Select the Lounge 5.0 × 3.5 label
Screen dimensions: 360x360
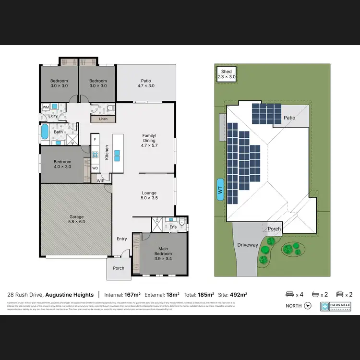149,195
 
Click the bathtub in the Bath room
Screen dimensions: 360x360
45,132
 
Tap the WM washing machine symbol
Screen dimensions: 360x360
46,107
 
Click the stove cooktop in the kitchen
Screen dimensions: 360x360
95,155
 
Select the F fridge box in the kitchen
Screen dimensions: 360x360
95,140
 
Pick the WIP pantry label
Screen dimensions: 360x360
100,181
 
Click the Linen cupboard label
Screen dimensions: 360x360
103,119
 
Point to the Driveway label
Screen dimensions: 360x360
248,245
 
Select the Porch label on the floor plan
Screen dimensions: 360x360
119,268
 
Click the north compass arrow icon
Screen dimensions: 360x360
308,306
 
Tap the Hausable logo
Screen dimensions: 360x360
336,306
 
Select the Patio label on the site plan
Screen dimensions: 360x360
289,117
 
